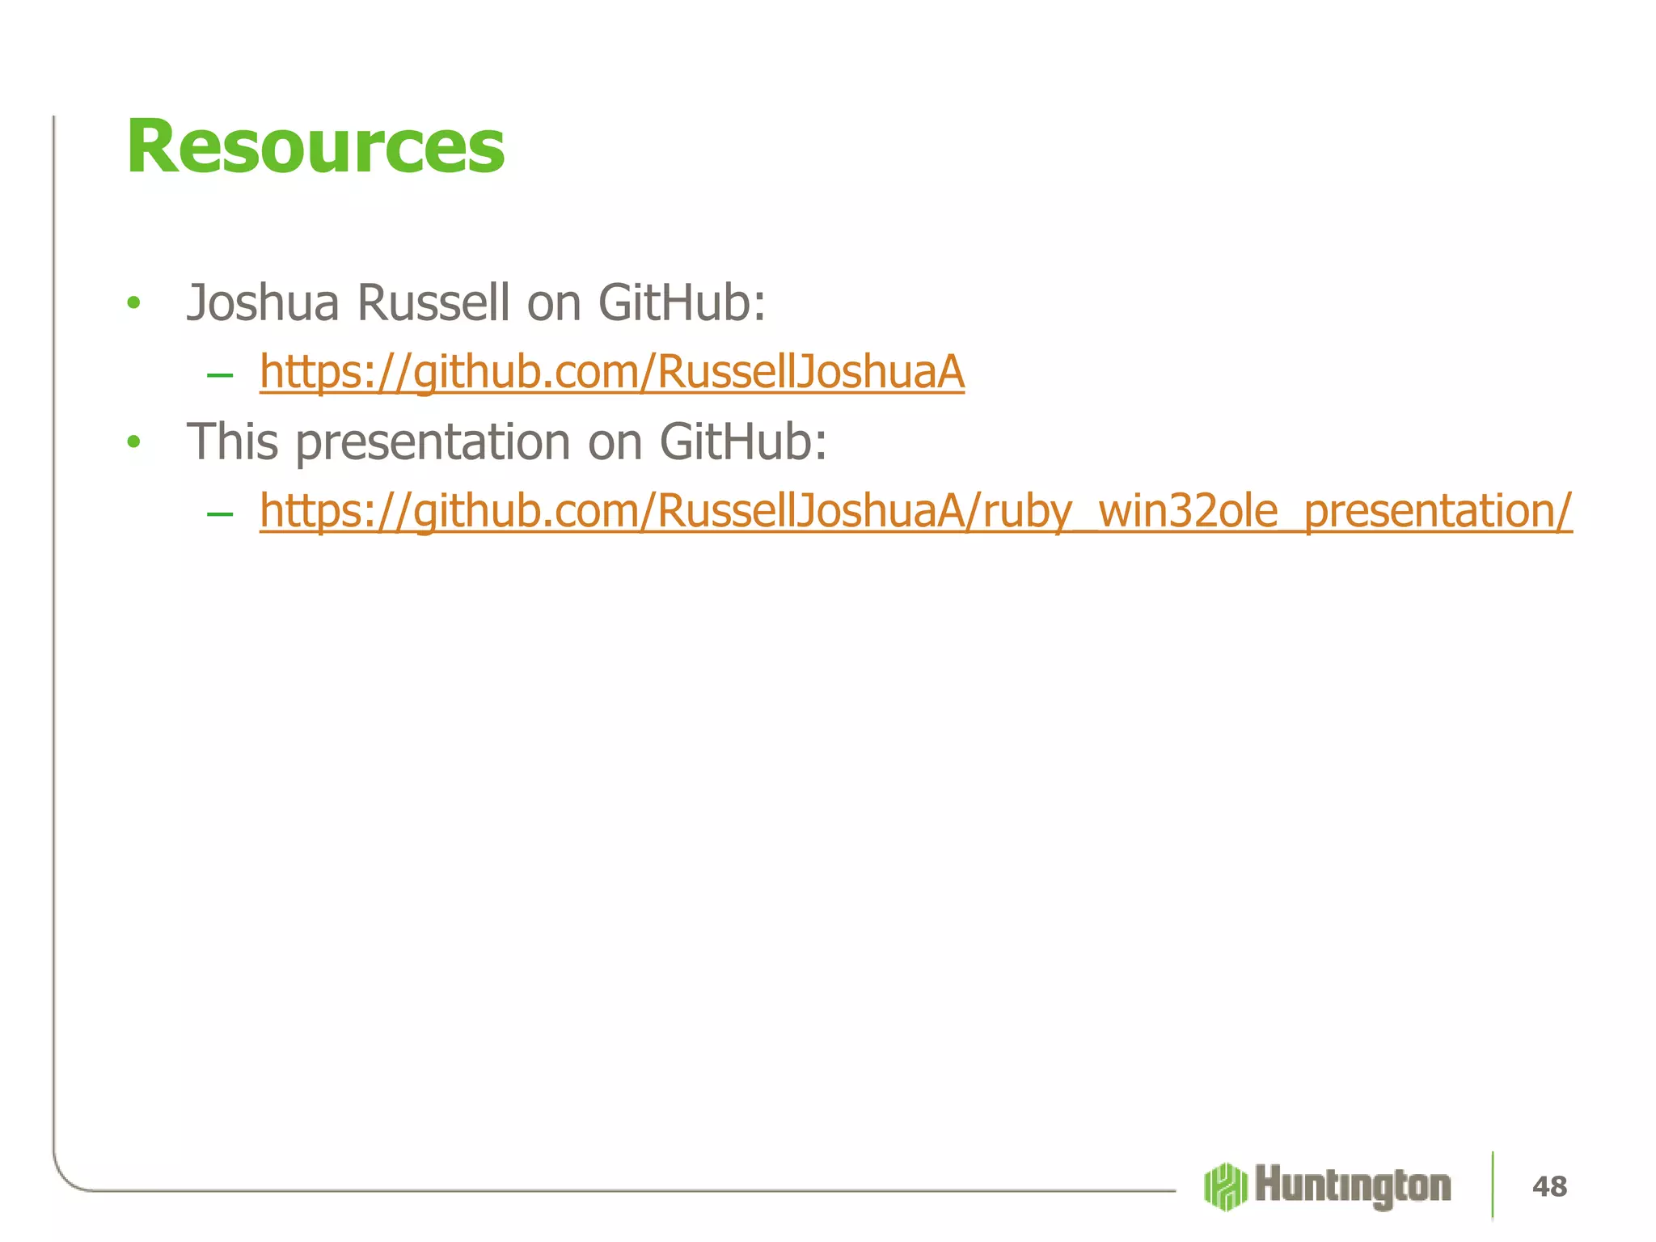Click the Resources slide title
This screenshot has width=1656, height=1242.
pos(315,147)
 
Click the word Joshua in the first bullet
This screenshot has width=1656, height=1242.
pos(263,303)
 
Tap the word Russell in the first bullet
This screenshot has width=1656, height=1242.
pos(433,303)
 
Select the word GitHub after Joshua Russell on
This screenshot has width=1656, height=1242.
pos(681,303)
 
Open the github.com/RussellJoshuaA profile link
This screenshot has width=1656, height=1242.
pos(612,373)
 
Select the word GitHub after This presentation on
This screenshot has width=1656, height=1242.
pos(742,442)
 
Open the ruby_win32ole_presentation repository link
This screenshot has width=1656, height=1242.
pos(915,512)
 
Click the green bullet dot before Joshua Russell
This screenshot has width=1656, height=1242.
pos(134,304)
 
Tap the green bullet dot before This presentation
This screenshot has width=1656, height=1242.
pos(134,442)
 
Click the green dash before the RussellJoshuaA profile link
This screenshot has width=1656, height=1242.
pos(220,374)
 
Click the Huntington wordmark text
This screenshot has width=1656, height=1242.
pos(1353,1186)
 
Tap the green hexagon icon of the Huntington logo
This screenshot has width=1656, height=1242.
pos(1225,1186)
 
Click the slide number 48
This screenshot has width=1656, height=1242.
pos(1549,1186)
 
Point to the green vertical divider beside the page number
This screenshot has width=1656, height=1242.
pos(1493,1185)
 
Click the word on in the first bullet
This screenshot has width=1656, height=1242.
pos(554,305)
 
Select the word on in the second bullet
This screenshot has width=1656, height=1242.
pos(615,444)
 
